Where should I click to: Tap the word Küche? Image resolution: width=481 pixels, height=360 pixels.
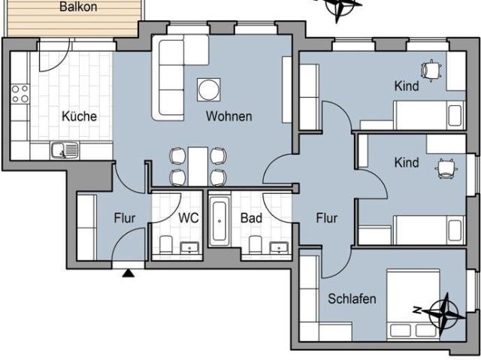tap(79, 116)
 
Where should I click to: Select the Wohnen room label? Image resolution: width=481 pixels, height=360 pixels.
tap(228, 116)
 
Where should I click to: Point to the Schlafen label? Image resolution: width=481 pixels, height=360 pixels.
tap(352, 299)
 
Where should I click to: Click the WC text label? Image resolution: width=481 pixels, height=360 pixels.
tap(189, 219)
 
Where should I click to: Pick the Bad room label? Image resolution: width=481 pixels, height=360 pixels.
tap(250, 219)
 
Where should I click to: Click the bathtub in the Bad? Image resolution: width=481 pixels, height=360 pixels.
tap(219, 221)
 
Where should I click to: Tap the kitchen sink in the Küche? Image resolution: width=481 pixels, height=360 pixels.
tap(65, 151)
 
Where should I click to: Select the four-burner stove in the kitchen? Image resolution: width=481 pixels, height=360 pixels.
tap(20, 94)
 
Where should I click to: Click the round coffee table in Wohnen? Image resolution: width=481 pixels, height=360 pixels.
tap(208, 89)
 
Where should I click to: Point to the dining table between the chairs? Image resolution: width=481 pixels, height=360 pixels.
tap(197, 166)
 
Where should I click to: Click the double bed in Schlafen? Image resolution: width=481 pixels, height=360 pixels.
tap(413, 304)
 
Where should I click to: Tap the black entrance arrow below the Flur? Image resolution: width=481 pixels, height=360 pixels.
tap(128, 272)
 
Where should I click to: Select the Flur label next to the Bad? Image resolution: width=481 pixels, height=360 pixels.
tap(326, 219)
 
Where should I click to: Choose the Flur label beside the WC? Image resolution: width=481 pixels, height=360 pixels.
tap(125, 219)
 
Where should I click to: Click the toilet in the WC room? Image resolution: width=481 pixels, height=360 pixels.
tap(165, 244)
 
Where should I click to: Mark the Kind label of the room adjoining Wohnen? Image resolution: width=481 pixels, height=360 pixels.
tap(407, 86)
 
